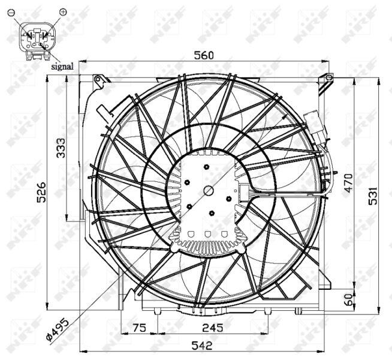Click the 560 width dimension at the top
coord(204,55)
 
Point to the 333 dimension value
coord(61,148)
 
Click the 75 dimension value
coord(139,328)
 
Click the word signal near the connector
coord(62,67)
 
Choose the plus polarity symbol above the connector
coord(64,11)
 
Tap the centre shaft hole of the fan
coord(209,191)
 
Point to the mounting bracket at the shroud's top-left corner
coord(99,80)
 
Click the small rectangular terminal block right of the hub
coord(244,192)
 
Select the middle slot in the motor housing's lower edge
coord(208,234)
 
